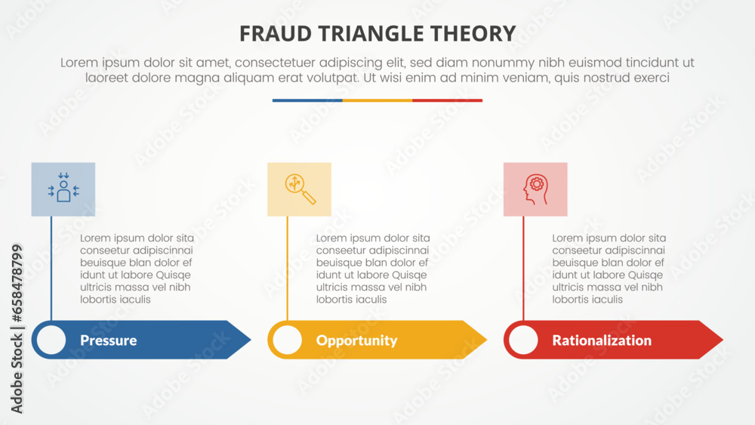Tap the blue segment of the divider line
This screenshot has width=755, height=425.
(307, 100)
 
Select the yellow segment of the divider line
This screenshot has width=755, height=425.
(377, 100)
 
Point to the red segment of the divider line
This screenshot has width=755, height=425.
(447, 100)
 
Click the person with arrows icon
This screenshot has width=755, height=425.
(63, 189)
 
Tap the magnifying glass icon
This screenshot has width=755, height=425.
(300, 189)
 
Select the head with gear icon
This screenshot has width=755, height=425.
(535, 189)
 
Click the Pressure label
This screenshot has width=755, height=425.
(108, 340)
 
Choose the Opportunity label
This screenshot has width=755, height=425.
(356, 340)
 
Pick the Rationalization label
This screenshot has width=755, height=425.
(602, 340)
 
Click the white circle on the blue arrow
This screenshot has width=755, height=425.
(51, 340)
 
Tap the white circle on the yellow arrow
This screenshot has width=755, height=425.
(287, 340)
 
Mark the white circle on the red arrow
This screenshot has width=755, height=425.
(523, 340)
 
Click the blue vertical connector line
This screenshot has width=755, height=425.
(51, 268)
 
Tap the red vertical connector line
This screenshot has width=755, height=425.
(523, 268)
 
